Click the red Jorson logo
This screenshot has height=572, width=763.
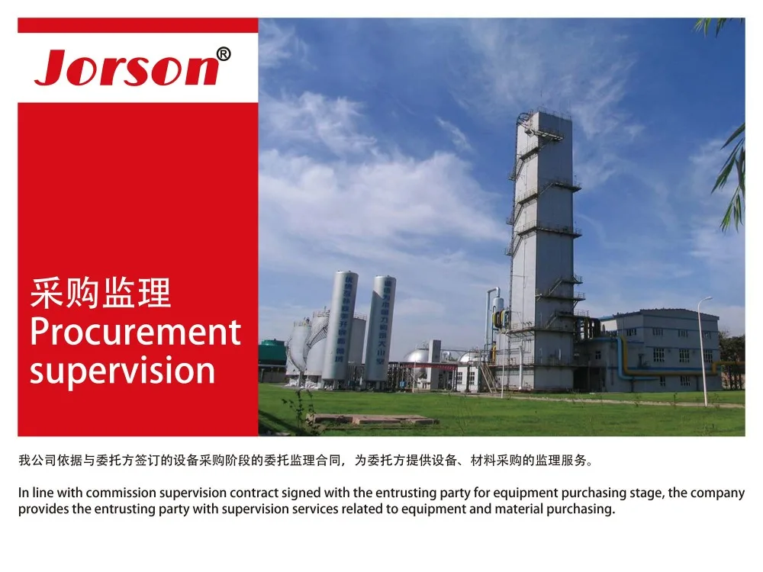point(132,67)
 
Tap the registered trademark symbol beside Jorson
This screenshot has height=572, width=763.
point(224,53)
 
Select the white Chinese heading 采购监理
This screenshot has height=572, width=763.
point(100,293)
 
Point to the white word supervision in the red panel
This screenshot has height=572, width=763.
point(122,371)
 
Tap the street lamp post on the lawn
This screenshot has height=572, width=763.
point(703,351)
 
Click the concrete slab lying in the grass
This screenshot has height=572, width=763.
point(374,419)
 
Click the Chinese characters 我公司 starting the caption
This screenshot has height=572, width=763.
point(37,460)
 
